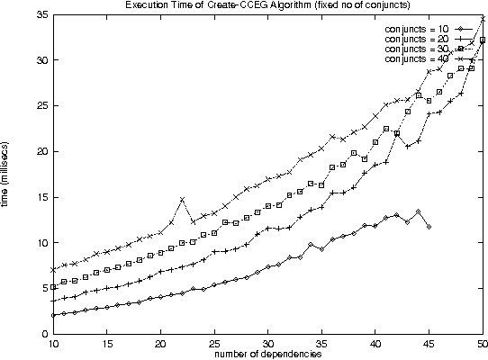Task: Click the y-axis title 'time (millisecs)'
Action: tap(7, 175)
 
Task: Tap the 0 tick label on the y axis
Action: tap(44, 334)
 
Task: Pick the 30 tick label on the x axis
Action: tap(268, 344)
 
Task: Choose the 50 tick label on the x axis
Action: tap(483, 344)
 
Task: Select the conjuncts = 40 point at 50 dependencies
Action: tap(483, 18)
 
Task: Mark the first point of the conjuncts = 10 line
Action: tap(53, 315)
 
